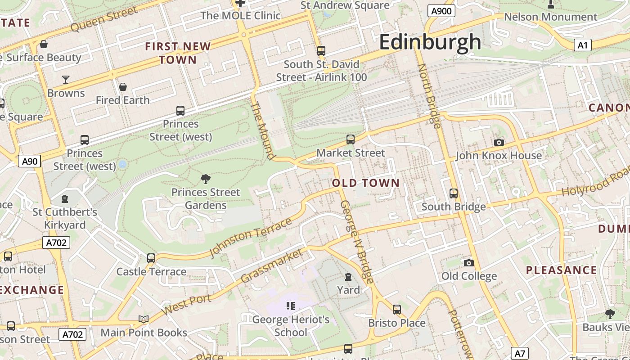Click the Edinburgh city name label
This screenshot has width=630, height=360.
click(430, 42)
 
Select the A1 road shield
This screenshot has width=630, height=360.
click(582, 45)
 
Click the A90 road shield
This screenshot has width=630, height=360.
click(29, 161)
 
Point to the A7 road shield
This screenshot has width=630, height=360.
click(520, 353)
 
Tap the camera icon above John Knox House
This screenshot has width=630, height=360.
click(499, 143)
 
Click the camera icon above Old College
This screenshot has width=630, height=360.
click(468, 263)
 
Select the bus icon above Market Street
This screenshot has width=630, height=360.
click(351, 139)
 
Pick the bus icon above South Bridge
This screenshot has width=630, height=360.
click(453, 193)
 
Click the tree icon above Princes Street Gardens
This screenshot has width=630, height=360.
click(206, 179)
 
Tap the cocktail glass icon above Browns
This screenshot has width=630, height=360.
click(66, 80)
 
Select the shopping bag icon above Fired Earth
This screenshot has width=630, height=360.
click(122, 87)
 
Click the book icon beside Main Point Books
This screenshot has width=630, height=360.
click(144, 319)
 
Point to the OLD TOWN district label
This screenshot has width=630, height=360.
click(365, 183)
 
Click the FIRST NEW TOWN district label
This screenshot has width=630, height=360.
click(178, 53)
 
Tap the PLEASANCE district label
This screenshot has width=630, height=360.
click(561, 270)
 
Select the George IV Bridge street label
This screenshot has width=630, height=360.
click(356, 242)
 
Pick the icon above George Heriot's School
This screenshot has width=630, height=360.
click(290, 306)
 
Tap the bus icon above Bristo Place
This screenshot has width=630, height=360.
click(396, 310)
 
